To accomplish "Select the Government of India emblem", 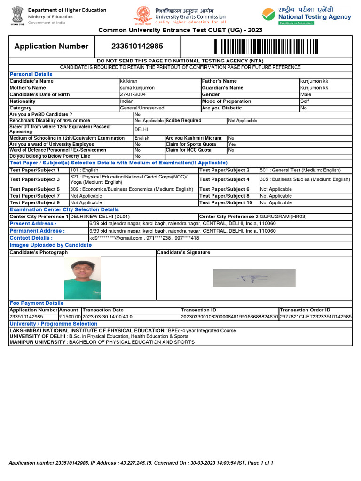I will pyautogui.click(x=15, y=16).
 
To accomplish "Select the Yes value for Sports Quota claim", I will pyautogui.click(x=232, y=144).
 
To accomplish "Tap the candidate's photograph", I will pyautogui.click(x=82, y=278).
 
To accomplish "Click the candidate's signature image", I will pyautogui.click(x=254, y=278).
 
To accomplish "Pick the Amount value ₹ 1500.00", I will pyautogui.click(x=70, y=317).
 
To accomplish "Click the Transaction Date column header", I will pyautogui.click(x=103, y=310).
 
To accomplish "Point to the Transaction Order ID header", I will pyautogui.click(x=305, y=310).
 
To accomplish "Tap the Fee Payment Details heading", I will pyautogui.click(x=36, y=303).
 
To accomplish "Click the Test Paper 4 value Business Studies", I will pyautogui.click(x=305, y=179).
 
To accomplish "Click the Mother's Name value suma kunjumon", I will pyautogui.click(x=138, y=88).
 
